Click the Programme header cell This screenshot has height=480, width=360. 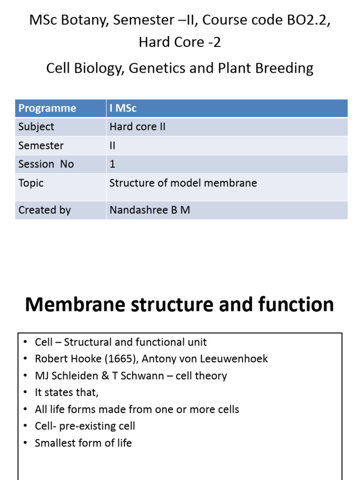(47, 108)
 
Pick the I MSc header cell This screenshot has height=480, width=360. (123, 108)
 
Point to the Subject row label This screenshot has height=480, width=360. (36, 127)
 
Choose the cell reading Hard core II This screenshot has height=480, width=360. (137, 127)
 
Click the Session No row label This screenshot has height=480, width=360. (46, 164)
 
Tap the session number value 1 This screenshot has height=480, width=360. (112, 164)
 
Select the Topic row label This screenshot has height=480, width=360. (31, 183)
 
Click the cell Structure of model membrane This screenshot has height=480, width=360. (183, 183)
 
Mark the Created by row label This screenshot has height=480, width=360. (45, 210)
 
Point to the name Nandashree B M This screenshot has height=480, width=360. (150, 210)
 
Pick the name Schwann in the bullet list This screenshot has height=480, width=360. (143, 376)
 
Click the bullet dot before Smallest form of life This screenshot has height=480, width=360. (26, 443)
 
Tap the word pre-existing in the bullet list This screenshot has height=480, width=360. (97, 426)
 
